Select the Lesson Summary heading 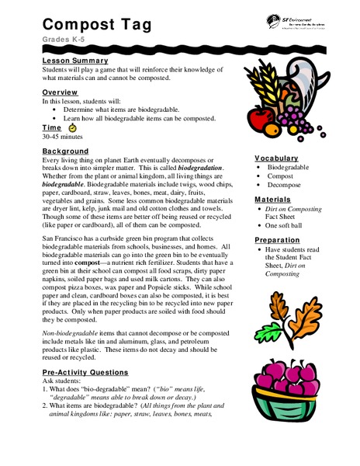[x=75, y=59]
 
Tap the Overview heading [x=60, y=92]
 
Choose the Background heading [x=66, y=150]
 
